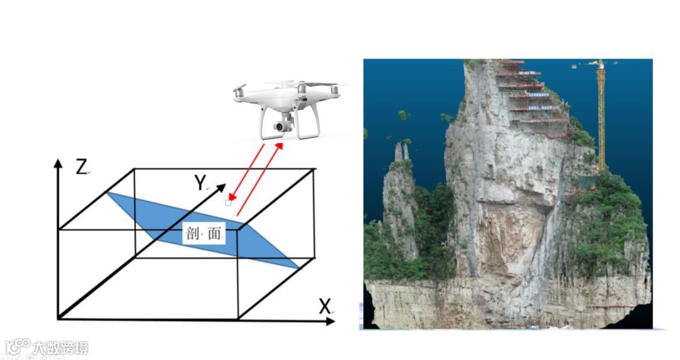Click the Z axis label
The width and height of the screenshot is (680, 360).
click(x=81, y=168)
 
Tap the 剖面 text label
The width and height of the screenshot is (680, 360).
click(x=205, y=234)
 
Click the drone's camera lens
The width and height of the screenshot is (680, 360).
click(x=277, y=127)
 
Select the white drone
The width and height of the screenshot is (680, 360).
click(x=290, y=107)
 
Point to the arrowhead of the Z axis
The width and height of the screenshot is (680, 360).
click(x=59, y=162)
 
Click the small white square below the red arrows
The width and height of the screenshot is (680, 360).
click(x=228, y=203)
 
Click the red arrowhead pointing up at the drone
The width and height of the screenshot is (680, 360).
click(x=279, y=147)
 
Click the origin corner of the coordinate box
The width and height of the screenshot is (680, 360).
click(x=59, y=318)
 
